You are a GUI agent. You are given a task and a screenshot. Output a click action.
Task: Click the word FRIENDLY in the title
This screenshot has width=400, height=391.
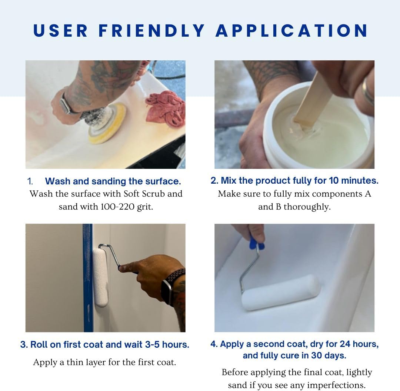click(151, 31)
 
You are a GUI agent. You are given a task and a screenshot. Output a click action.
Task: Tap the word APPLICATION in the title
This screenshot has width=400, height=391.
click(291, 31)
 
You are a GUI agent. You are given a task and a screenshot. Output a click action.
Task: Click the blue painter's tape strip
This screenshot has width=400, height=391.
click(87, 278)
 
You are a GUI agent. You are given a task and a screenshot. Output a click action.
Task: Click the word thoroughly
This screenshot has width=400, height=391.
click(307, 207)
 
